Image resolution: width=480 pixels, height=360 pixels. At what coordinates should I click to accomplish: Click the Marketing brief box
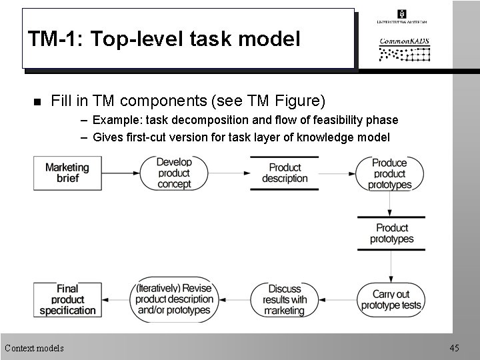pyautogui.click(x=67, y=173)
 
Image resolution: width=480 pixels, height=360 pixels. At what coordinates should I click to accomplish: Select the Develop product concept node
pyautogui.click(x=174, y=173)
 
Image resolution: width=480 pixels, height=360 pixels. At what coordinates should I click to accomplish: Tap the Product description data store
pyautogui.click(x=285, y=173)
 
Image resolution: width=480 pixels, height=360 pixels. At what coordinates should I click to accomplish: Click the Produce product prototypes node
pyautogui.click(x=390, y=173)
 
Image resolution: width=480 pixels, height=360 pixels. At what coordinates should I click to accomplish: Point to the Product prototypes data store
pyautogui.click(x=391, y=233)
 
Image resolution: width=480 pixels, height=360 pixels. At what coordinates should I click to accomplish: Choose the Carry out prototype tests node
pyautogui.click(x=391, y=299)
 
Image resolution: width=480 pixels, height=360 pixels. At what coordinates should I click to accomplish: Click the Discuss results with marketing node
pyautogui.click(x=285, y=299)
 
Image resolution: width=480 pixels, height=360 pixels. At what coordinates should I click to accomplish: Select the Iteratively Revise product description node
pyautogui.click(x=174, y=299)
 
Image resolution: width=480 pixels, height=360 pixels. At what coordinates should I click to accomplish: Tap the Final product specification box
pyautogui.click(x=67, y=299)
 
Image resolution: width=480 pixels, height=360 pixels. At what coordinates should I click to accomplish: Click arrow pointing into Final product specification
pyautogui.click(x=115, y=300)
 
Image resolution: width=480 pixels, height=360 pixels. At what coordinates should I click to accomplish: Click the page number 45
pyautogui.click(x=454, y=348)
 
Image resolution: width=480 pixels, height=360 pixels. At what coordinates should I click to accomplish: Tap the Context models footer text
pyautogui.click(x=35, y=348)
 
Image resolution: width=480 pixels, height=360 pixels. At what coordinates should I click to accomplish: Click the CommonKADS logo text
pyautogui.click(x=404, y=41)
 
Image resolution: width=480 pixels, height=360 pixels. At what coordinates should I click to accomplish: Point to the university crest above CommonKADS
pyautogui.click(x=401, y=14)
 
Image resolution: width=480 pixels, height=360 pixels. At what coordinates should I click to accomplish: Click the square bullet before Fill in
pyautogui.click(x=37, y=102)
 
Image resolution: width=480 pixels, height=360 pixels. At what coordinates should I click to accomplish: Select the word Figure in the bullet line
pyautogui.click(x=298, y=101)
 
